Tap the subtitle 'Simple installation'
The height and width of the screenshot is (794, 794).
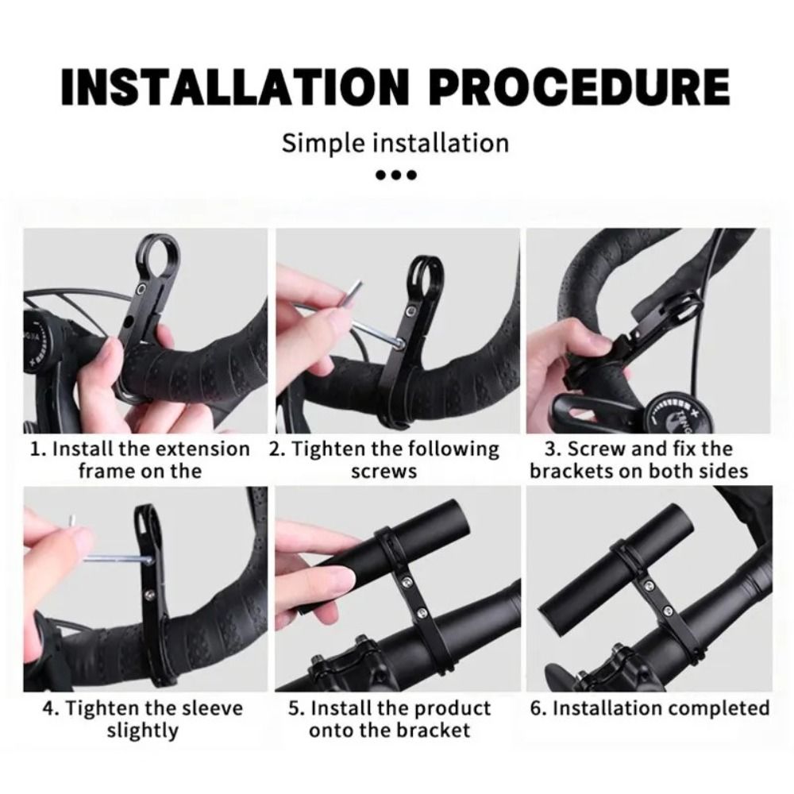point(395,143)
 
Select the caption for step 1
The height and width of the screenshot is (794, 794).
point(140,459)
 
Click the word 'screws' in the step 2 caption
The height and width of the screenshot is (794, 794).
point(384,471)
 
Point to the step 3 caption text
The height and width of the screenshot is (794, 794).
point(638,459)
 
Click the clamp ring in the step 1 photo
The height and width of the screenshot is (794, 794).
point(160,253)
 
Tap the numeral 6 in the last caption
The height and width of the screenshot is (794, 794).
point(537,707)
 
